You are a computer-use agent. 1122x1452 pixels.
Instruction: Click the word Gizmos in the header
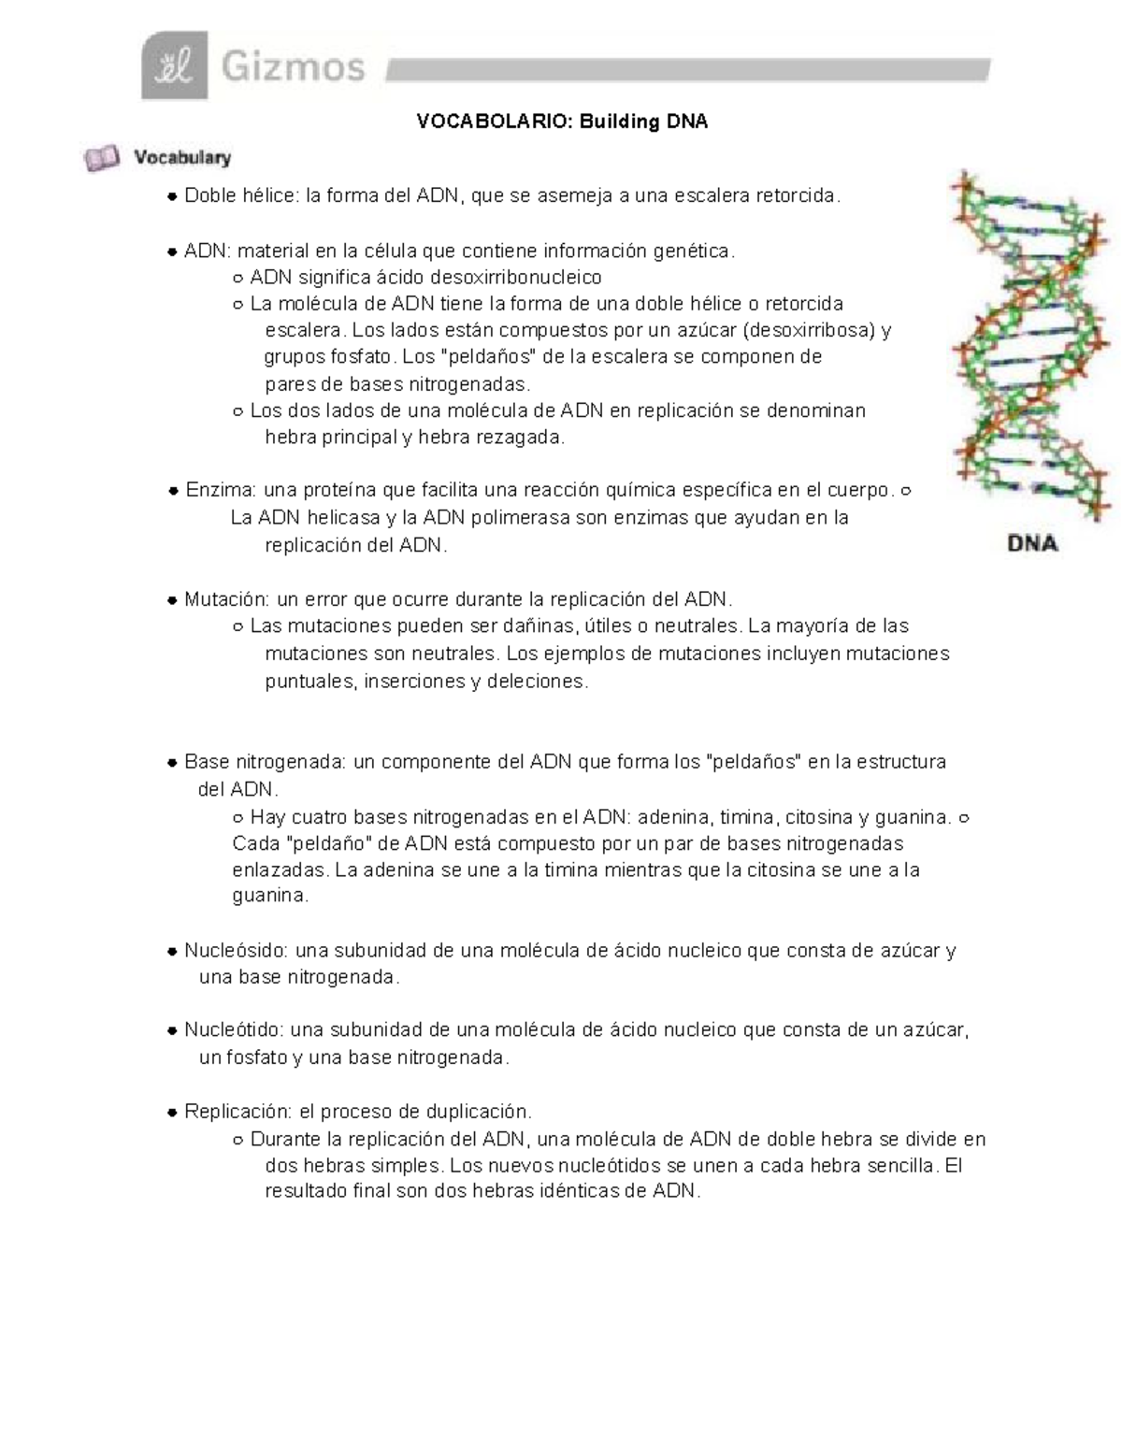click(293, 67)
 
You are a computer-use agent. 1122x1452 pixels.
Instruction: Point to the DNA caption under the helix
click(1032, 543)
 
